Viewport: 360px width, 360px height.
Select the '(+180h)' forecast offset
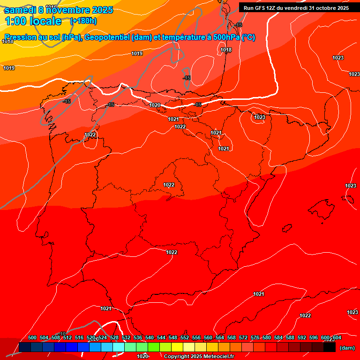coord(83,21)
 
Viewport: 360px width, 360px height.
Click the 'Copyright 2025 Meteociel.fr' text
coord(198,357)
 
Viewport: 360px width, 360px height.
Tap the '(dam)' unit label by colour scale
coord(347,348)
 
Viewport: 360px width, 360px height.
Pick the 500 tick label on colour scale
coord(32,338)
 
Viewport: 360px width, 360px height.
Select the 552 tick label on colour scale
coord(185,338)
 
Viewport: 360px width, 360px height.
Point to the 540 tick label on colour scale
coord(150,338)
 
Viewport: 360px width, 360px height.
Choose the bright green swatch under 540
coord(153,347)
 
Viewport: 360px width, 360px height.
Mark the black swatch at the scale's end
coord(329,347)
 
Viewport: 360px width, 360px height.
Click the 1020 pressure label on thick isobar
coord(155,105)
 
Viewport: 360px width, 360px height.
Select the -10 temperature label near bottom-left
coord(62,334)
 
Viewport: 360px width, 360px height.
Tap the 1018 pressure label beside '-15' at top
coord(226,50)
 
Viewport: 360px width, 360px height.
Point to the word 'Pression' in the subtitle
coord(20,37)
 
